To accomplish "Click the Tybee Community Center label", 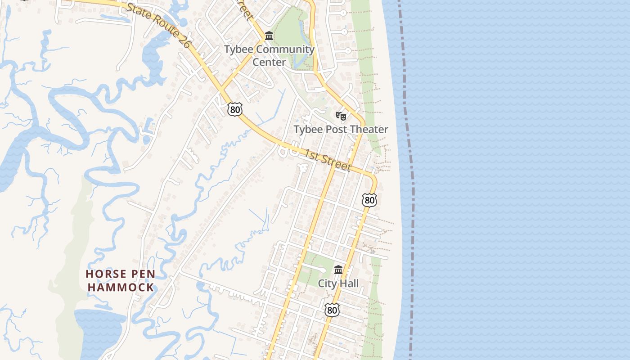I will click(269, 55).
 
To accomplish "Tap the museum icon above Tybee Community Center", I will click(269, 36).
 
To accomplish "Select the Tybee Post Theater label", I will click(341, 130).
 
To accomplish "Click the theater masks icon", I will click(341, 116).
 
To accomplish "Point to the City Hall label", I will click(338, 283).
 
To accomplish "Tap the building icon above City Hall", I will click(338, 270).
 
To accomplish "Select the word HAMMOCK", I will click(121, 287).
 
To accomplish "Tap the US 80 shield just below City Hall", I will click(332, 310).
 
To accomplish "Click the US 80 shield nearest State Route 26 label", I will click(234, 109).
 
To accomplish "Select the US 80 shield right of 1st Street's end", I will click(369, 200).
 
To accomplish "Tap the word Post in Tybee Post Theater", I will click(332, 130).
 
